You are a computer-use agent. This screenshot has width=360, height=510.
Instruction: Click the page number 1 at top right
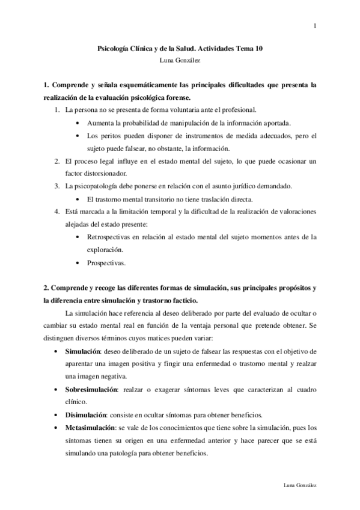click(x=315, y=25)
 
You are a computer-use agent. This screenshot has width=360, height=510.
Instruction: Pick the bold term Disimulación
click(x=86, y=415)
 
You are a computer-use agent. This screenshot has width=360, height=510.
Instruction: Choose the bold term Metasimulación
click(x=90, y=428)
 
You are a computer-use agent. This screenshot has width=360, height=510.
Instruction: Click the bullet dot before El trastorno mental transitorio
click(x=81, y=199)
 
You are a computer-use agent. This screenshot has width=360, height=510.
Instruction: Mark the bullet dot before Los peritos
click(x=81, y=136)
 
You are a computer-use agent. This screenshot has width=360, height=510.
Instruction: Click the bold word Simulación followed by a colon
click(x=82, y=351)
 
